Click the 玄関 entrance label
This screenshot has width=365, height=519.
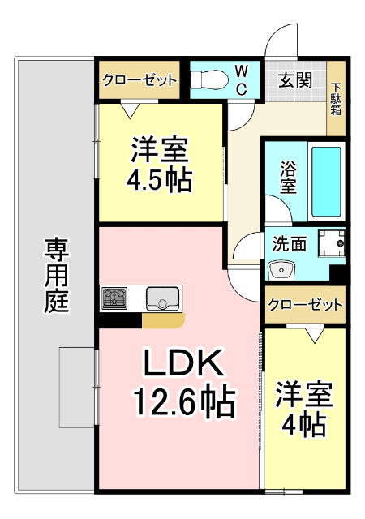(296, 80)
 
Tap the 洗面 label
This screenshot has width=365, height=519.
(289, 242)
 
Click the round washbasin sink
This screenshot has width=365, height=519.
(281, 268)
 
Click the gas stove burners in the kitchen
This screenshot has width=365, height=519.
(115, 298)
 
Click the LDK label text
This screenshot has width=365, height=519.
(182, 365)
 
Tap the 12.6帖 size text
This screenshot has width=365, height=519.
(183, 399)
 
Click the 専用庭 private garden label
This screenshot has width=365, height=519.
(56, 276)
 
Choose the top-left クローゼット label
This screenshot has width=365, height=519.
(140, 80)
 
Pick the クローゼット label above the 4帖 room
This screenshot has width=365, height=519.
(305, 305)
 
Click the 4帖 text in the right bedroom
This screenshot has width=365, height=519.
(305, 422)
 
